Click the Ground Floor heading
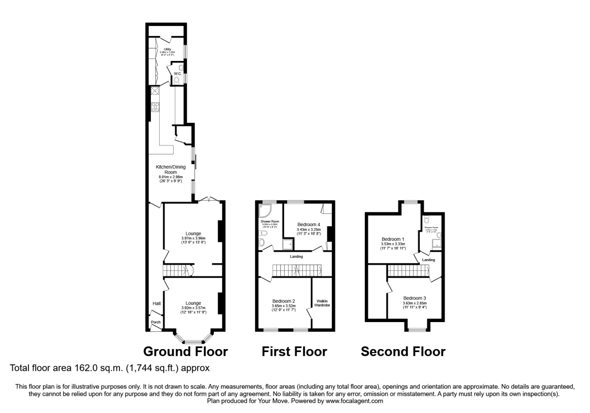185,352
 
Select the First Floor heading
294,352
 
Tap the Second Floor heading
403,352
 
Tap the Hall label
156,304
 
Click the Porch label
156,322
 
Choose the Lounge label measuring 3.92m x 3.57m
193,303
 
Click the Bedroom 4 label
308,224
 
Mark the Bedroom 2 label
284,301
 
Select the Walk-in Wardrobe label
322,303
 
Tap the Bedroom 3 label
414,298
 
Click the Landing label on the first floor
296,256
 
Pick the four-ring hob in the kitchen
155,106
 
